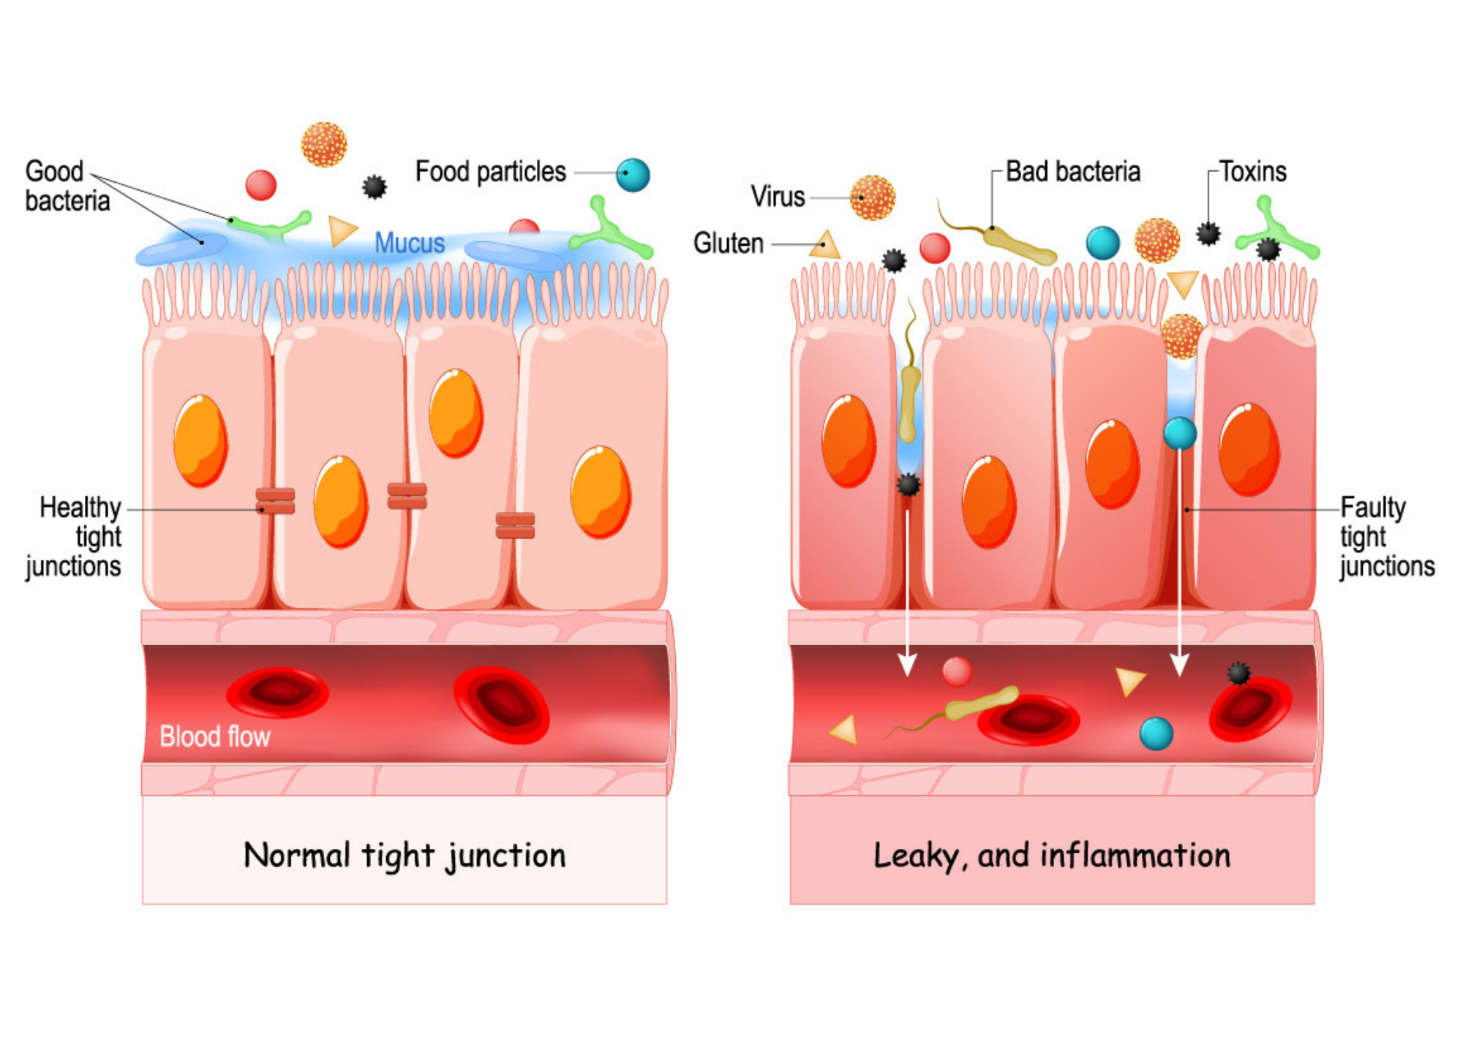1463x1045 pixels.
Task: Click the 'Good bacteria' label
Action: pyautogui.click(x=67, y=186)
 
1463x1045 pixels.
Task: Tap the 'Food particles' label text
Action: pyautogui.click(x=490, y=172)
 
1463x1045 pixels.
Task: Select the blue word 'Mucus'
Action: pyautogui.click(x=409, y=243)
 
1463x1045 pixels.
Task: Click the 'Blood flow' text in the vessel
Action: pyautogui.click(x=214, y=736)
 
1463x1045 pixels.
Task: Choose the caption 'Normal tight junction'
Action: pyautogui.click(x=405, y=855)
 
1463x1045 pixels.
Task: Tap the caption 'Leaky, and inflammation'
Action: pyautogui.click(x=1052, y=855)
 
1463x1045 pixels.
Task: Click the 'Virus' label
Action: pyautogui.click(x=777, y=197)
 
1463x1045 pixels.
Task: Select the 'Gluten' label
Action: pyautogui.click(x=728, y=243)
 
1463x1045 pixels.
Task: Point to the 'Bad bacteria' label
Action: pyautogui.click(x=1072, y=172)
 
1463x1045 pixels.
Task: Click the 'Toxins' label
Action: pyautogui.click(x=1252, y=172)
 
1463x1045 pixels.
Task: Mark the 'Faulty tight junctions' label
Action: pyautogui.click(x=1385, y=536)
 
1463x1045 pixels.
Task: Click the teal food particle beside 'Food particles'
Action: pyautogui.click(x=633, y=175)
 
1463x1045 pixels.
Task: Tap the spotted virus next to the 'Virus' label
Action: pyautogui.click(x=872, y=197)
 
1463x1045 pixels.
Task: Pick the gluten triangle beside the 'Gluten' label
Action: pyautogui.click(x=826, y=245)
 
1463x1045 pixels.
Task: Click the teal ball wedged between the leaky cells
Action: pyautogui.click(x=1179, y=433)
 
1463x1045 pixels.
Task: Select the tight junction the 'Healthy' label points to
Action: pyautogui.click(x=275, y=501)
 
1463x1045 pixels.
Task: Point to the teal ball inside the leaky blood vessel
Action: pyautogui.click(x=1157, y=733)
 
